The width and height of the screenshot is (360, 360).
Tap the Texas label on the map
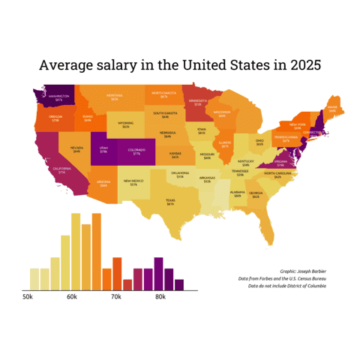[x=170, y=202]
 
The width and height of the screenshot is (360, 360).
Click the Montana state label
[x=115, y=97]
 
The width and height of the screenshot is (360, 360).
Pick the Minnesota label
[x=198, y=102]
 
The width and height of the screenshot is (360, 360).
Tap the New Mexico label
[x=133, y=182]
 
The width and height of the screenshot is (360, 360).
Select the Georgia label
[x=256, y=194]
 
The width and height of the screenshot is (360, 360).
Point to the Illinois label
[x=225, y=144]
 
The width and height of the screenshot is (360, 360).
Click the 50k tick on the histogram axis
[x=28, y=298]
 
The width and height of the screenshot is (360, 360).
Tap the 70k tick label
[x=116, y=298]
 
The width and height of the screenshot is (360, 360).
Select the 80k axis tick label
[x=160, y=298]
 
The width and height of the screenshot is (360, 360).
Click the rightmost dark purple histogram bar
[x=179, y=285]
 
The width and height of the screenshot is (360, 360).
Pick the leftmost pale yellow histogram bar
[x=34, y=279]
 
